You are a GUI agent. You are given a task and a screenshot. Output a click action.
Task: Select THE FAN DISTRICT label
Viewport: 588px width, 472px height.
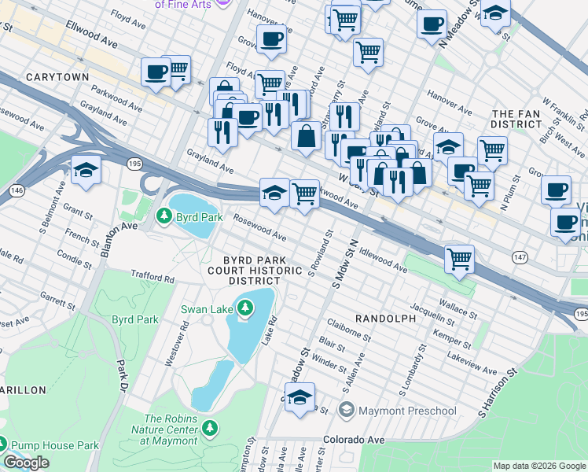pos(516,119)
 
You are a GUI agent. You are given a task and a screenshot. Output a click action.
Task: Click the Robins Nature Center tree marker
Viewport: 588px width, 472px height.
pos(209,428)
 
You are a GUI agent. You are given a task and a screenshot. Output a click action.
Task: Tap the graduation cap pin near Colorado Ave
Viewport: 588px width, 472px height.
pos(300,398)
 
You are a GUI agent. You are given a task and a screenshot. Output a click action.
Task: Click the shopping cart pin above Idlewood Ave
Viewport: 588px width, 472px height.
pos(459,259)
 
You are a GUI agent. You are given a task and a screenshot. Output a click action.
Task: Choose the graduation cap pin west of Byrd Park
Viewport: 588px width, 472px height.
pos(86,171)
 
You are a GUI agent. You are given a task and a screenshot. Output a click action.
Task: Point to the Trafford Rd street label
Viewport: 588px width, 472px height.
pos(153,278)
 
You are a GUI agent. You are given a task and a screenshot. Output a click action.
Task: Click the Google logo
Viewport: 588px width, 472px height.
pos(27,463)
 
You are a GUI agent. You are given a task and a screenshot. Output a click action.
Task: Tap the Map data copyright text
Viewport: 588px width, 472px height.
pos(538,466)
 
